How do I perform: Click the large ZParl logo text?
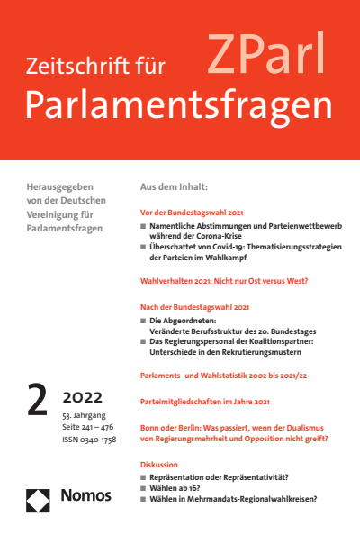coord(267,57)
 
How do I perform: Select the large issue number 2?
coord(38,398)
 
